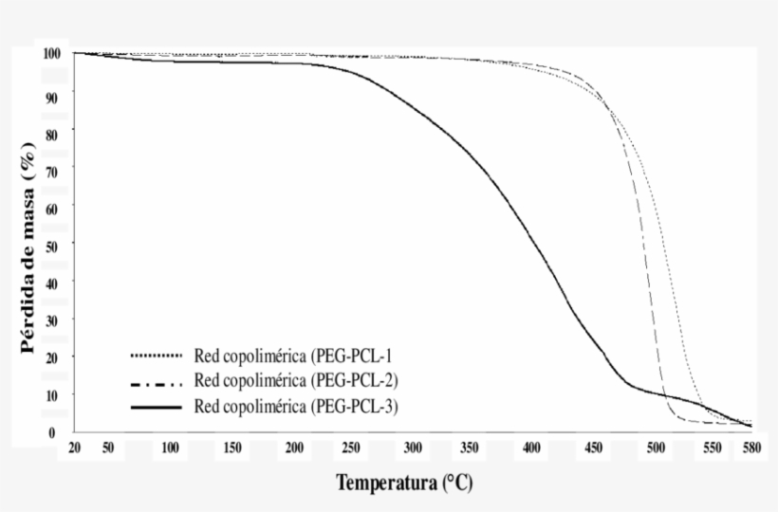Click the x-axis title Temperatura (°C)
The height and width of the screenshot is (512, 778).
(403, 484)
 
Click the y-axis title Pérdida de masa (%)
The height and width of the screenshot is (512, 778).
(31, 245)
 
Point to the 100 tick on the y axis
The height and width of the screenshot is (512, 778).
(52, 53)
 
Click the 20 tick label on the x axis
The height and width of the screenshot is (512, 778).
(75, 448)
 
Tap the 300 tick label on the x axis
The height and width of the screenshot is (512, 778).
(412, 448)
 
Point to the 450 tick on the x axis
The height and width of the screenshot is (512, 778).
(594, 448)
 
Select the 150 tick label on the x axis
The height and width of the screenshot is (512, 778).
(232, 448)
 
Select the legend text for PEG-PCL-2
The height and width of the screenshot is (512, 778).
(295, 382)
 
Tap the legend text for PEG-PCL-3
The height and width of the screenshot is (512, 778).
(295, 407)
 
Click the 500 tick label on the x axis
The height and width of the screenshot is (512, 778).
(656, 448)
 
